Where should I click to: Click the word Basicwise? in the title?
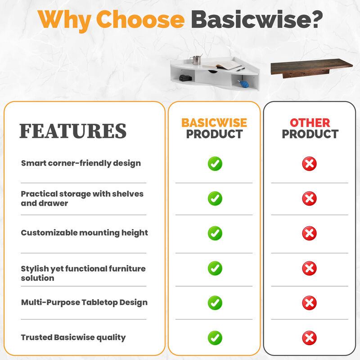[256, 20]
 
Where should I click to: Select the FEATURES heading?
[72, 130]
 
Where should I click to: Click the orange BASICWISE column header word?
[214, 122]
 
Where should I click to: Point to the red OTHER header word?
[310, 122]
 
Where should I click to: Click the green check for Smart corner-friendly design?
[215, 163]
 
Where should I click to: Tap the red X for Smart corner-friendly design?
[309, 163]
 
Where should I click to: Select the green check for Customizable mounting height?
[215, 233]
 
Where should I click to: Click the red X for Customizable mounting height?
[309, 233]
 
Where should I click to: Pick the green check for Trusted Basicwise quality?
[215, 337]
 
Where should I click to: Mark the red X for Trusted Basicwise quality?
[309, 337]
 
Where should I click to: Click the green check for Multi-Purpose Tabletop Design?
[215, 302]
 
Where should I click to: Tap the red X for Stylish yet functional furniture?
[309, 269]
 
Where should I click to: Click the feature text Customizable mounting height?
[84, 233]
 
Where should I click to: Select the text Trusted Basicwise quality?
[73, 337]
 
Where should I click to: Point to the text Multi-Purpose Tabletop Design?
[84, 302]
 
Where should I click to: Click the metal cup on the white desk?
[197, 60]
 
